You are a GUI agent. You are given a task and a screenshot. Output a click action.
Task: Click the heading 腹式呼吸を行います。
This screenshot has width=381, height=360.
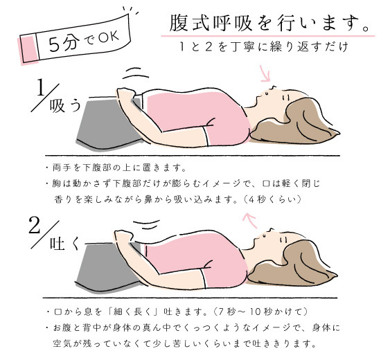click(269, 24)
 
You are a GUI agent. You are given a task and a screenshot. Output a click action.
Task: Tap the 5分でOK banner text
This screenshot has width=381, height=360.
click(84, 41)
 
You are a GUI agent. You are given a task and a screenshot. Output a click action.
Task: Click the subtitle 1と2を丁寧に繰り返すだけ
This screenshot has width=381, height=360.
click(264, 46)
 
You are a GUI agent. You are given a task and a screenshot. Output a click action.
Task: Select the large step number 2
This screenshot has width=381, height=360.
click(34, 225)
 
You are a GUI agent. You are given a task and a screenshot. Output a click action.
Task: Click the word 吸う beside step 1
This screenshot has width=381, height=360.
click(65, 106)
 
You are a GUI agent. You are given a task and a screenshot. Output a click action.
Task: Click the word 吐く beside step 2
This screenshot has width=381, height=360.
click(65, 244)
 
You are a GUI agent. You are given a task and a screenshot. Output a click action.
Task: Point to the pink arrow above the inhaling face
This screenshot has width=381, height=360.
click(265, 73)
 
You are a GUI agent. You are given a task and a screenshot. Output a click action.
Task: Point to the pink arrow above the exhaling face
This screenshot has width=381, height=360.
click(250, 220)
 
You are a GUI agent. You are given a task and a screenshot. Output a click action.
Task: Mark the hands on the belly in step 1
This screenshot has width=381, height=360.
click(126, 94)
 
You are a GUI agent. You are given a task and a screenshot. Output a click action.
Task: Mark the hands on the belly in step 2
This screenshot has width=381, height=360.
click(125, 237)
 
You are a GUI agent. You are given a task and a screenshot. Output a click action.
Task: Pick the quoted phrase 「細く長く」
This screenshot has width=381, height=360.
click(134, 312)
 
